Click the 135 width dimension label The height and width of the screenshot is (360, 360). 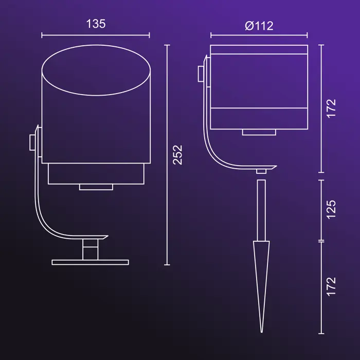coord(96,24)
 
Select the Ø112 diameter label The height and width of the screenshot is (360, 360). coord(259,26)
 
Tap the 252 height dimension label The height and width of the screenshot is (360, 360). coord(177,155)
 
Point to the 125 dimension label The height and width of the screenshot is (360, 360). coord(331,210)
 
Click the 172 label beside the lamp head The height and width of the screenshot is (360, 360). coord(331,109)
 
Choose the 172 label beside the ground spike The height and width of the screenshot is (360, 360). coord(331,287)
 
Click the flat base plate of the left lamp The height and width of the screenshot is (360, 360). coord(90,262)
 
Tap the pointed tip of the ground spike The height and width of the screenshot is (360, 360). coord(261,332)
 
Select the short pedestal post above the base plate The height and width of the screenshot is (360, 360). coord(90,249)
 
